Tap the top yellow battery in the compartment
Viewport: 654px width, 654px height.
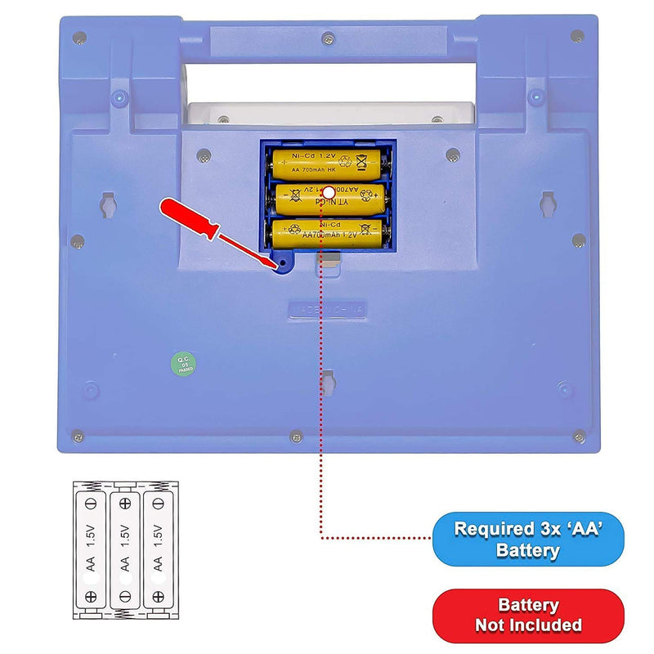point(327,161)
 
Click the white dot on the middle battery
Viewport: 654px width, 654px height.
point(328,192)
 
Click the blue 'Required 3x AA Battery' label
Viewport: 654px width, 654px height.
point(527,540)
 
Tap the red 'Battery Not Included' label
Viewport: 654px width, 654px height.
point(527,616)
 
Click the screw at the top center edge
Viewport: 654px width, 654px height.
point(328,38)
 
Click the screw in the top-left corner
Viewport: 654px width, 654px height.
point(78,37)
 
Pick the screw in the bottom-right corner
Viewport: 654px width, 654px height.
point(578,434)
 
